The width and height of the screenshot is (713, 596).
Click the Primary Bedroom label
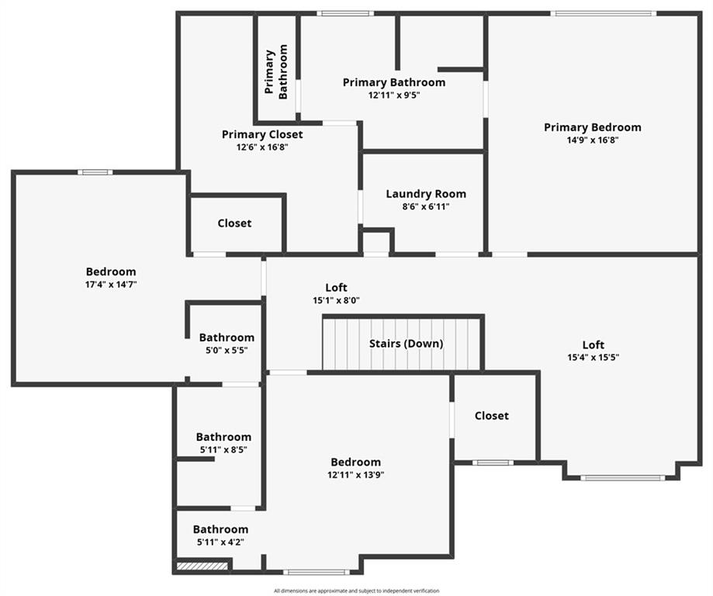[x=593, y=127]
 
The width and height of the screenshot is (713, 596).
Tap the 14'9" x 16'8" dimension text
[x=593, y=140]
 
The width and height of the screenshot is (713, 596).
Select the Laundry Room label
[x=426, y=194]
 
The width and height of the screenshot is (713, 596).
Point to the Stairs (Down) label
[x=406, y=344]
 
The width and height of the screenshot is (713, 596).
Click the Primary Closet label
[x=262, y=135]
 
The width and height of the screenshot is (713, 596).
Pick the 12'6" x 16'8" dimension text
[x=262, y=147]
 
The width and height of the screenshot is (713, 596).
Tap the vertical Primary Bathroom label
[x=276, y=71]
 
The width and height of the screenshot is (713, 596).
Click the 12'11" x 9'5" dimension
[x=394, y=95]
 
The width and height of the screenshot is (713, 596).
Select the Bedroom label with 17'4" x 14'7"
[x=111, y=272]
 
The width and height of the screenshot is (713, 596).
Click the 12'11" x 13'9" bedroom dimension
[x=356, y=475]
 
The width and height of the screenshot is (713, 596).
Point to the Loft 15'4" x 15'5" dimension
[x=594, y=357]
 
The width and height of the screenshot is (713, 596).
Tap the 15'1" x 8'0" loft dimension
[x=337, y=300]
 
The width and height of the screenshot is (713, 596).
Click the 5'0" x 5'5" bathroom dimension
[x=227, y=350]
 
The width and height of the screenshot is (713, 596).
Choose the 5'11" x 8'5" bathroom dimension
[x=223, y=449]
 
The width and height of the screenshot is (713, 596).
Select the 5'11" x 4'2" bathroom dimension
[x=220, y=542]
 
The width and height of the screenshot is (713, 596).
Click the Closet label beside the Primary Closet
[x=234, y=223]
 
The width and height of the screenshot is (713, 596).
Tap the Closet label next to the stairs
[x=492, y=416]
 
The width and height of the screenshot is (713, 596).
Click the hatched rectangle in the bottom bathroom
[x=202, y=566]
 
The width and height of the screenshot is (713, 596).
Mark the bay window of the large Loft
[x=622, y=478]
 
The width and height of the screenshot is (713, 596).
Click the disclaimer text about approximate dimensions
[x=357, y=591]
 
